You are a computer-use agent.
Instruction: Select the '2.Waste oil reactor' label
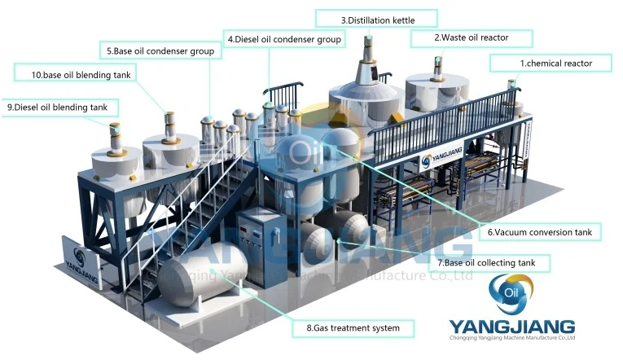pyautogui.click(x=471, y=37)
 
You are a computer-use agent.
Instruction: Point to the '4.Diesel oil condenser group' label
pyautogui.click(x=284, y=38)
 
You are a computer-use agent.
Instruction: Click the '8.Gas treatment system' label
pyautogui.click(x=353, y=328)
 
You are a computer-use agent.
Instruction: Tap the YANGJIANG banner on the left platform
pyautogui.click(x=80, y=261)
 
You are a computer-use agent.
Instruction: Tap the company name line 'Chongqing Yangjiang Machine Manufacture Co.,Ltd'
pyautogui.click(x=512, y=337)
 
